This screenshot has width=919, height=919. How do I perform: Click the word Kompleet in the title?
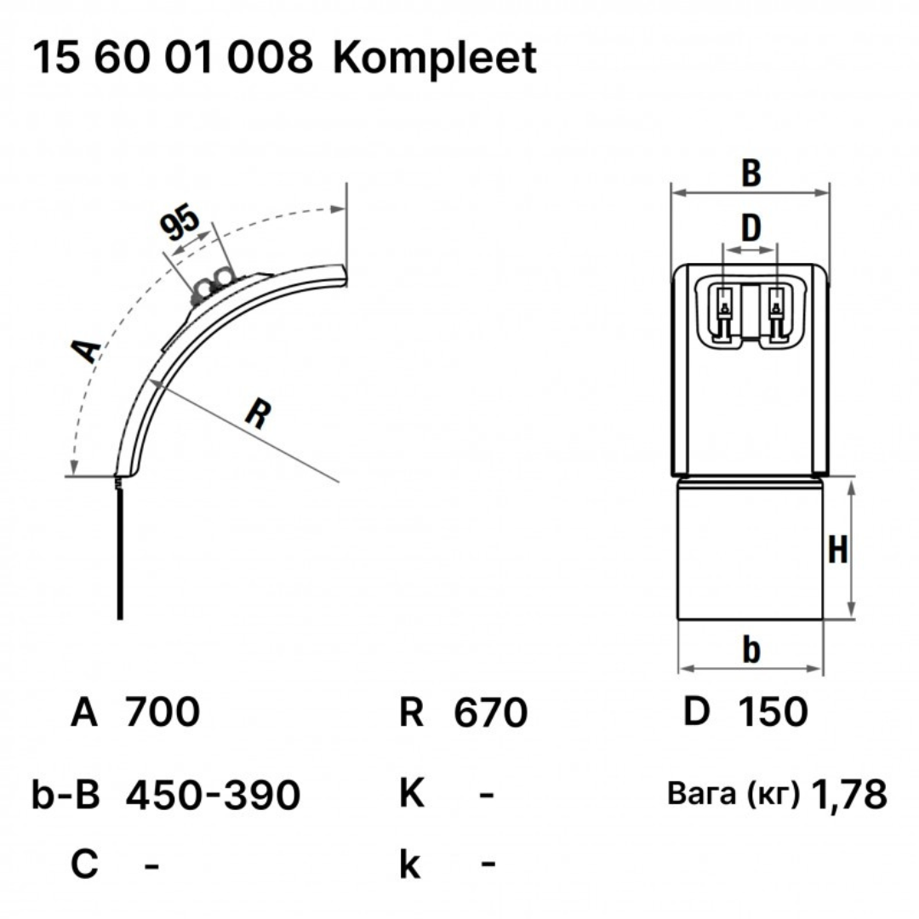[434, 58]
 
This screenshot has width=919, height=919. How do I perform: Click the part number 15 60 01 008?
[172, 58]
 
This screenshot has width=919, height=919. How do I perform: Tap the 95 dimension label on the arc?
[180, 222]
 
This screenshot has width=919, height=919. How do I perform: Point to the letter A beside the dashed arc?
[87, 350]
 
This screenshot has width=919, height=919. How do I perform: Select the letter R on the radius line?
[258, 414]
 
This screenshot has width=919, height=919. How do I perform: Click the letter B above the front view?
[751, 173]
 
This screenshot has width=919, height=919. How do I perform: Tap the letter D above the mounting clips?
[751, 228]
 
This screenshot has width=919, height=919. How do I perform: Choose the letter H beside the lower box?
[837, 550]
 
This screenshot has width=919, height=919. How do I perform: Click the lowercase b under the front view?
[751, 649]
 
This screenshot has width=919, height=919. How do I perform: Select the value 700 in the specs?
[163, 712]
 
